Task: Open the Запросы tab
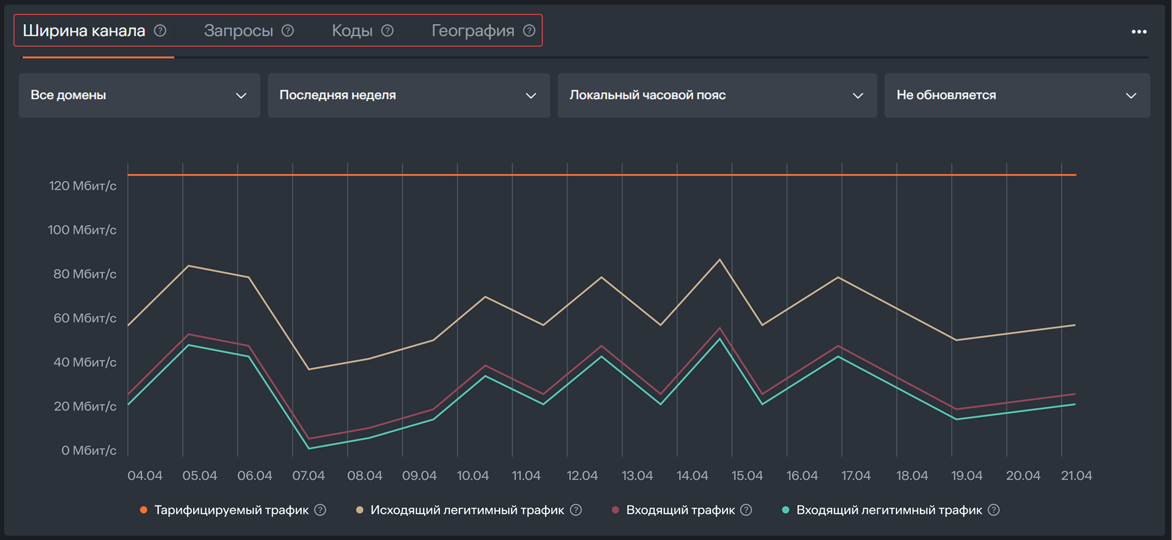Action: [x=238, y=31]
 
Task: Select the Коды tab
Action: [x=352, y=31]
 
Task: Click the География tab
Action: [x=473, y=31]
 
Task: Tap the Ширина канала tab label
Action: [x=84, y=31]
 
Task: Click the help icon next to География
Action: [x=529, y=31]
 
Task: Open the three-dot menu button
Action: [x=1139, y=32]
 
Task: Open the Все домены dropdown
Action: [x=139, y=95]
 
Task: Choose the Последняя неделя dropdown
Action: [x=408, y=95]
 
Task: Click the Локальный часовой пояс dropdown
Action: [x=717, y=95]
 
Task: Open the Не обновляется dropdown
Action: [x=1017, y=95]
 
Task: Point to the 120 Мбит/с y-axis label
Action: [x=82, y=186]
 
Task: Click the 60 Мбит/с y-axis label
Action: [x=85, y=318]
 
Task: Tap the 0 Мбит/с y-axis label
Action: [x=88, y=451]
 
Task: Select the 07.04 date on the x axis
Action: [x=309, y=476]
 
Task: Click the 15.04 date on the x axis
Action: [x=747, y=476]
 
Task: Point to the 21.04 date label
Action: [x=1076, y=476]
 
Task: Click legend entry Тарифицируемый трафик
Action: [x=231, y=510]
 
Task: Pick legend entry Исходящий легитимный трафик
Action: [x=467, y=510]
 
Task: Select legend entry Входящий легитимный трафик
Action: [x=888, y=510]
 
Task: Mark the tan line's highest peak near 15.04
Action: [x=720, y=260]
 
